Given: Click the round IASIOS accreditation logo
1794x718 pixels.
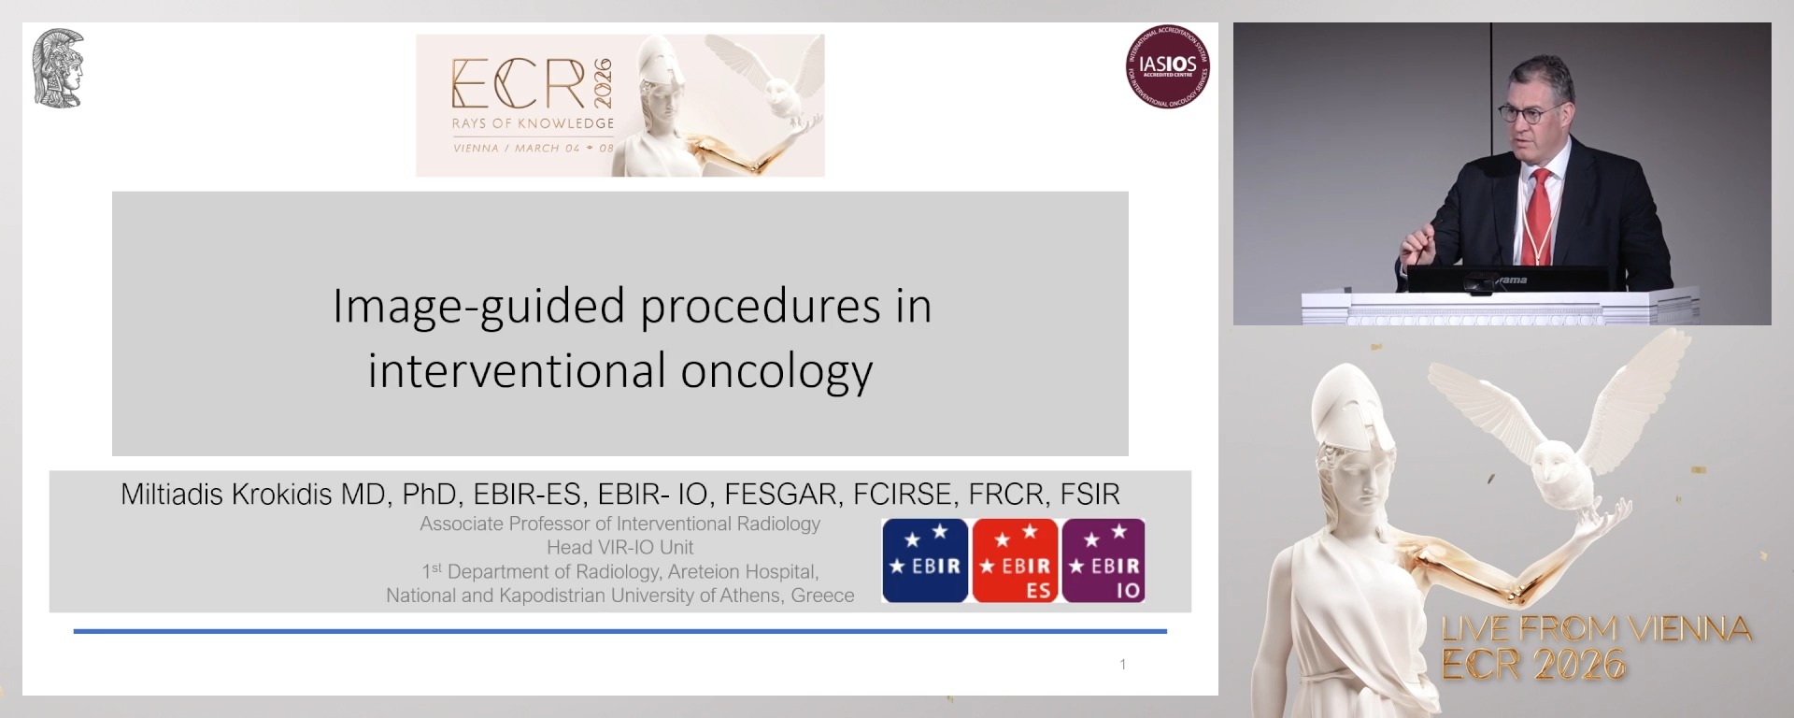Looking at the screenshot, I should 1167,66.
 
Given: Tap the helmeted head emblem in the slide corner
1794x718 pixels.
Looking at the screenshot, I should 58,68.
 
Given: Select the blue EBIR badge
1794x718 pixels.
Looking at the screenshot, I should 925,560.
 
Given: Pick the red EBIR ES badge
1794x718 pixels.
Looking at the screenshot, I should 1015,560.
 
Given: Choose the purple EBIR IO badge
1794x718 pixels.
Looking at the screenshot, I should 1103,560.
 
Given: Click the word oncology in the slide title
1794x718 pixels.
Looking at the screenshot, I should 776,370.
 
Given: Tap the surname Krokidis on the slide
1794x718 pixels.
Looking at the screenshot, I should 280,494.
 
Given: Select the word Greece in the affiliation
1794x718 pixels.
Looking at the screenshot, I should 822,596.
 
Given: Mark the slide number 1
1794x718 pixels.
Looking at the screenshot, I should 1122,664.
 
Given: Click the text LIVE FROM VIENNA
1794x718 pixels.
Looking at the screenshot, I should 1596,629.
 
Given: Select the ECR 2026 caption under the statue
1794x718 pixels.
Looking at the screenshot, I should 1533,665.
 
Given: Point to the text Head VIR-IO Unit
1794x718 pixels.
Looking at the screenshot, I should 619,547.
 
